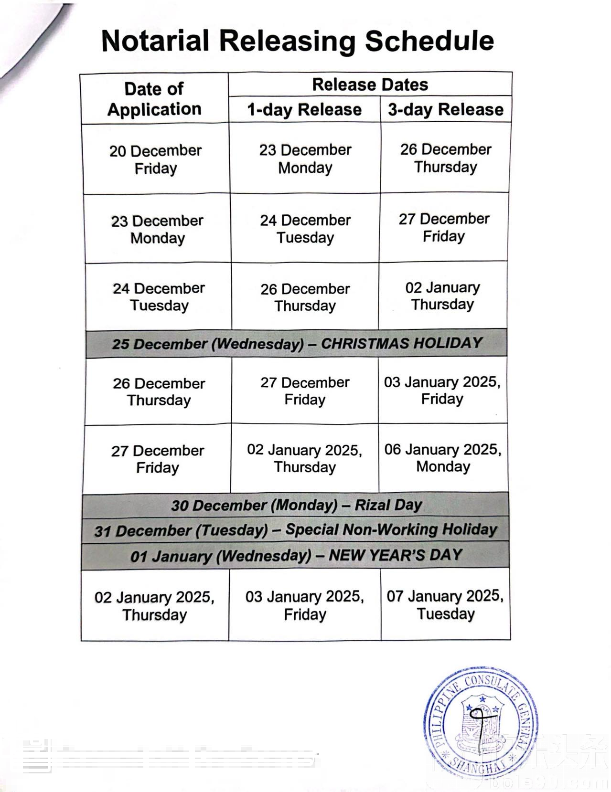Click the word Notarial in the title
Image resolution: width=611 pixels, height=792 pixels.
(x=155, y=41)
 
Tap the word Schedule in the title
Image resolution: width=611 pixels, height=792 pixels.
(x=429, y=41)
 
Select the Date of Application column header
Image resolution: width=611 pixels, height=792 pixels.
(x=154, y=99)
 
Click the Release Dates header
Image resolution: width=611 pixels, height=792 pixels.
(x=370, y=84)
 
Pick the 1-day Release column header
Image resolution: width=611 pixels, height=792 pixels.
(x=304, y=110)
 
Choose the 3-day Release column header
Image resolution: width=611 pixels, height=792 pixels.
(x=445, y=110)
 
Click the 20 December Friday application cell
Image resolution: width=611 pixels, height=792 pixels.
(x=156, y=159)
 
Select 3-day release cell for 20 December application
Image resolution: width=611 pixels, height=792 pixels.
(x=445, y=158)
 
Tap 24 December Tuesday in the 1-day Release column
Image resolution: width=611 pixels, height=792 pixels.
(x=305, y=229)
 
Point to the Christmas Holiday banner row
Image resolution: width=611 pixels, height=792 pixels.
(x=297, y=343)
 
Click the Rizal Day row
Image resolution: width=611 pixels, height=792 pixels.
(x=296, y=505)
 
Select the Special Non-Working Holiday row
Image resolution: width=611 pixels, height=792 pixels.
(x=296, y=530)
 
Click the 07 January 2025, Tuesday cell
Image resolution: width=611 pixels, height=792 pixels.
(x=445, y=605)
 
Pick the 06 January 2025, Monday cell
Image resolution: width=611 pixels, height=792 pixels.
(x=443, y=458)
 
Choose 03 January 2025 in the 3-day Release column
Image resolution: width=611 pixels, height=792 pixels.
(x=442, y=391)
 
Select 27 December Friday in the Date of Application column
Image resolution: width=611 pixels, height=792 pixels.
(x=158, y=459)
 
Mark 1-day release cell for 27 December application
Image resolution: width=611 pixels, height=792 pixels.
(x=305, y=458)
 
